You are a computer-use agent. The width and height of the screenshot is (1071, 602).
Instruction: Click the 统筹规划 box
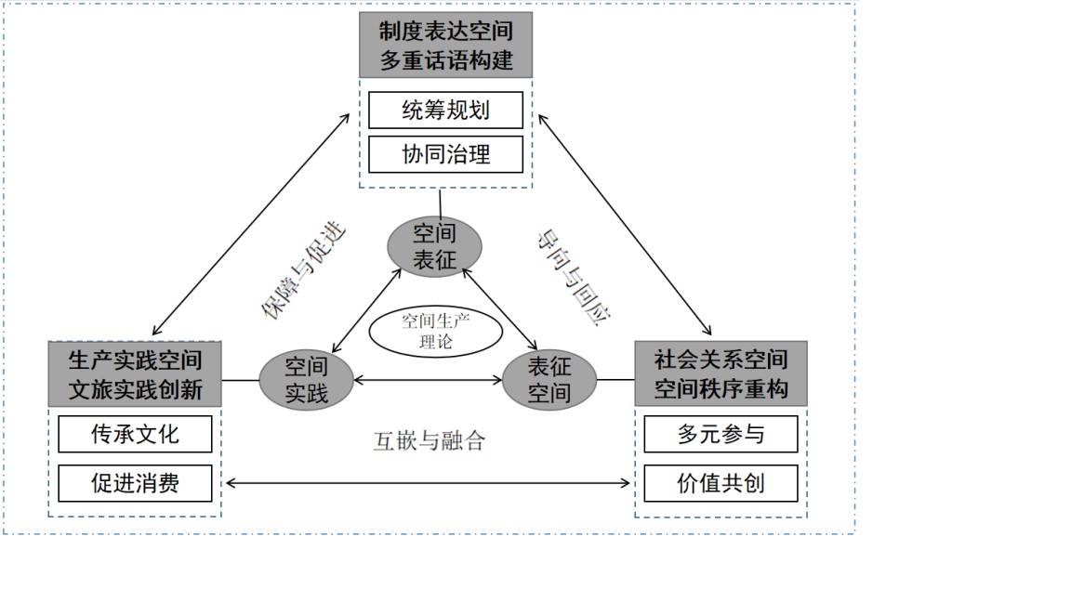445,111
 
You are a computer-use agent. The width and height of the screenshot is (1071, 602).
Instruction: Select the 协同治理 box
445,154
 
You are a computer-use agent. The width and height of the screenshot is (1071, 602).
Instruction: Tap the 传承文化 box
135,434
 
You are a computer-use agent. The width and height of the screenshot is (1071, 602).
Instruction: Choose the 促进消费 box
135,483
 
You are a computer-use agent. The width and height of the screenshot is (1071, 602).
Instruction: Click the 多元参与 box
721,434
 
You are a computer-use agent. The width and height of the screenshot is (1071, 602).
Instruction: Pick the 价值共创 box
721,483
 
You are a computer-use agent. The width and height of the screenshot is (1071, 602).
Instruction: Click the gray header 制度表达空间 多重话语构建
445,45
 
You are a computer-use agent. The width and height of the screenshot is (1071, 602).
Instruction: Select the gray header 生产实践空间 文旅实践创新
135,373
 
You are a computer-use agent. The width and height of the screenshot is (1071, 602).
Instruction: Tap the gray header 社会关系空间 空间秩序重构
721,373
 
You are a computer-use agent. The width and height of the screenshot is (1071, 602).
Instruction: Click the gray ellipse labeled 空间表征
434,247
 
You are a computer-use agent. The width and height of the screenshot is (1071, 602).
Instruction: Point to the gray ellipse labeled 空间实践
306,380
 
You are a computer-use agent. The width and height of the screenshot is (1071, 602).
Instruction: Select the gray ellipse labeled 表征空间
549,380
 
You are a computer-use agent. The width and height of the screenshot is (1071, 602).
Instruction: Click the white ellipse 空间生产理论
435,332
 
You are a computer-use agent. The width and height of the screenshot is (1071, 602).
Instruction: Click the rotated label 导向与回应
571,277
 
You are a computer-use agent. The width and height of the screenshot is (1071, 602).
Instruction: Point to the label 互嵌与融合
430,440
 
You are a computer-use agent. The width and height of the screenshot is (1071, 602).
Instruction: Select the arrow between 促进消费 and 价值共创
428,482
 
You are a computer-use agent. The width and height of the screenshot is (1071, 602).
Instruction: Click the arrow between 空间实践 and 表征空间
428,380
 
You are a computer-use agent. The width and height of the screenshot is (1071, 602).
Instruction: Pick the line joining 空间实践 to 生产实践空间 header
240,380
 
